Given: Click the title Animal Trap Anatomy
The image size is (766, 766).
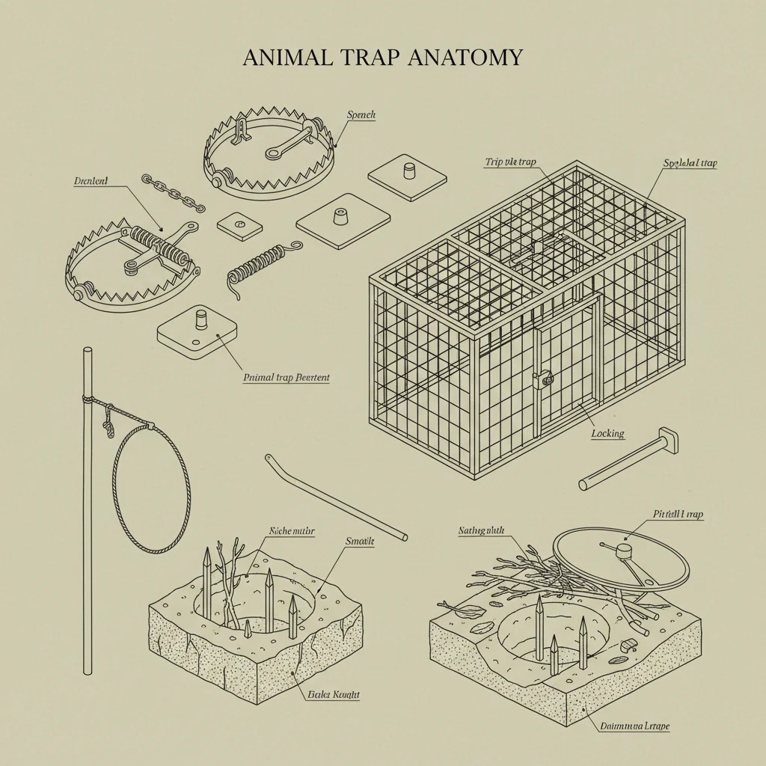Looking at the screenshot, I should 382,58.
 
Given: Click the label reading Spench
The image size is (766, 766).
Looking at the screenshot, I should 361,115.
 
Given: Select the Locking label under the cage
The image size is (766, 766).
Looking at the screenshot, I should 607,433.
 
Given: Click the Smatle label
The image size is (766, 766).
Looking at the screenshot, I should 360,540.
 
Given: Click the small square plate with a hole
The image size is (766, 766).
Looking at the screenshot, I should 240,224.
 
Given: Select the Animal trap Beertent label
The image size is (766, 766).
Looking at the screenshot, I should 287,378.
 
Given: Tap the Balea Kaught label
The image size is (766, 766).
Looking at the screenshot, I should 333,694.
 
